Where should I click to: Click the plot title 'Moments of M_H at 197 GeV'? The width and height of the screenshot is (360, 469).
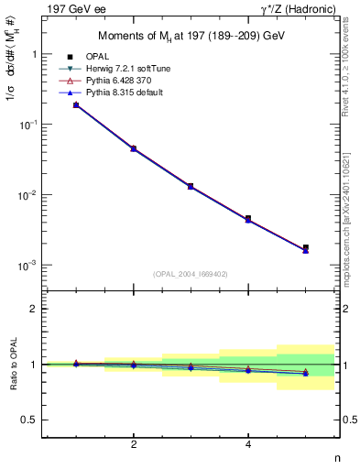tap(191, 37)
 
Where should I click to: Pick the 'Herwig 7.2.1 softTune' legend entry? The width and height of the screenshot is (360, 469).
tap(123, 69)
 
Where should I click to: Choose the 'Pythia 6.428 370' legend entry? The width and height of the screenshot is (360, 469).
tap(118, 81)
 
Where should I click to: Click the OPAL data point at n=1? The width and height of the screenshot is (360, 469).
tap(76, 105)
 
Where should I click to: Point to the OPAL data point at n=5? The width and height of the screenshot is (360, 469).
tap(306, 247)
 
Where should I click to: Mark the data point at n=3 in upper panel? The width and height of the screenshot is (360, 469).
tap(191, 186)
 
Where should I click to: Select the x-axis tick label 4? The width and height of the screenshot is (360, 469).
tap(248, 444)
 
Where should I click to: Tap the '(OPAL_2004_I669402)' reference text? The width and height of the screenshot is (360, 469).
tap(191, 273)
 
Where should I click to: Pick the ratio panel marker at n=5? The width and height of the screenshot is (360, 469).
tap(306, 373)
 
